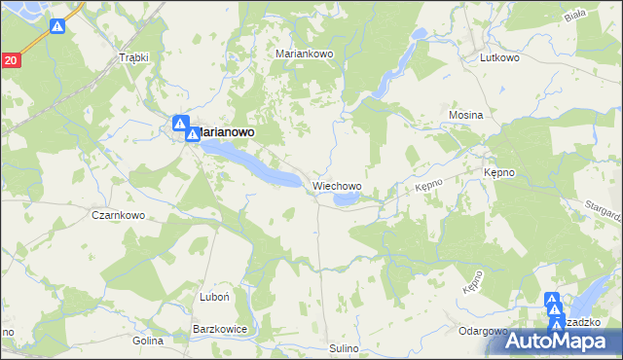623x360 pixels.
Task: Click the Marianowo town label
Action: pos(226,131)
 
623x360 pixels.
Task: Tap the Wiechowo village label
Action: pos(338,185)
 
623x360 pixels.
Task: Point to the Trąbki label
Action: pos(132,57)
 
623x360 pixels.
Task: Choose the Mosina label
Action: pos(465,115)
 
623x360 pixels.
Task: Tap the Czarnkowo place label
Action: pos(118,215)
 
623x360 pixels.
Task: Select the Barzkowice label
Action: pos(221,330)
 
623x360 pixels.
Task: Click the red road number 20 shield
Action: pos(10,60)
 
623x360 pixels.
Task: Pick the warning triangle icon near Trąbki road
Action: pos(57,28)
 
